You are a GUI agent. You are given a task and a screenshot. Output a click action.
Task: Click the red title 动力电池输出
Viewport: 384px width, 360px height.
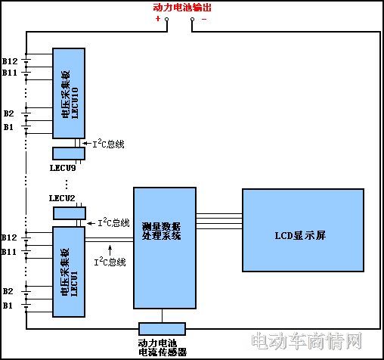click(x=182, y=8)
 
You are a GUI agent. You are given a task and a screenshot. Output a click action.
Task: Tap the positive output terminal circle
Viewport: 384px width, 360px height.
click(x=166, y=19)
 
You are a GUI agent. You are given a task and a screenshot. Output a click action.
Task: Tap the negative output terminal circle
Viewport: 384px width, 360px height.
click(x=193, y=19)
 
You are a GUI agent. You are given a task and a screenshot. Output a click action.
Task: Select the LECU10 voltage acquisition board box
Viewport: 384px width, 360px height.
click(x=69, y=93)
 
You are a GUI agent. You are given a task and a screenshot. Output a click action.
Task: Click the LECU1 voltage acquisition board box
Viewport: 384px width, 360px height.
click(x=69, y=272)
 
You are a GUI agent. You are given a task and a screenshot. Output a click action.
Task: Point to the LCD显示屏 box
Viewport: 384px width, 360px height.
click(x=303, y=230)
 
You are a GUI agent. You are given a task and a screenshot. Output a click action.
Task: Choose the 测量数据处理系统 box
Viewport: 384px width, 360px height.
click(x=165, y=248)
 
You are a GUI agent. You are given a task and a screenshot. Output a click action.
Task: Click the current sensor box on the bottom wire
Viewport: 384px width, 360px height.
click(x=163, y=329)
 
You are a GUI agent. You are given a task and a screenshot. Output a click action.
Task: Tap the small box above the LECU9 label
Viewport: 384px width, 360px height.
click(x=69, y=154)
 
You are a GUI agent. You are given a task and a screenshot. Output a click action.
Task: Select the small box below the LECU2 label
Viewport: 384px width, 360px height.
click(x=70, y=213)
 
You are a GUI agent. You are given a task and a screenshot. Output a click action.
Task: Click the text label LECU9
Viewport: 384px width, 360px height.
click(x=63, y=168)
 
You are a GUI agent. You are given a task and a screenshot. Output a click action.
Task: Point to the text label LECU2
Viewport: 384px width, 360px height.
click(x=62, y=198)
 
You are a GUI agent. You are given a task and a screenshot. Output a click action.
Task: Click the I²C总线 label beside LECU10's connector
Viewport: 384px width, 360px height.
click(x=109, y=144)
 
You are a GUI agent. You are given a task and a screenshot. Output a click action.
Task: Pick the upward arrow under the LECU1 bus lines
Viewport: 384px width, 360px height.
click(x=110, y=250)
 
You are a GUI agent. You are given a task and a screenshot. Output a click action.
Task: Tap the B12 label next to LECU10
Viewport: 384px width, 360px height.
click(x=10, y=61)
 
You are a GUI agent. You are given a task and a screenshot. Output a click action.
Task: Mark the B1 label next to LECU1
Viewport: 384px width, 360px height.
click(x=8, y=306)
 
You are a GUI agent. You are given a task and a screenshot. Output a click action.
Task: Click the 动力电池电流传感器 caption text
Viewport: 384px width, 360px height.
click(x=163, y=348)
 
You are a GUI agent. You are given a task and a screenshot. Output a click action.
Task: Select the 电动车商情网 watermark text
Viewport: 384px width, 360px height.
click(x=307, y=341)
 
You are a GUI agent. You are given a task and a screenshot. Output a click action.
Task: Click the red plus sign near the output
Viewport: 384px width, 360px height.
click(x=158, y=18)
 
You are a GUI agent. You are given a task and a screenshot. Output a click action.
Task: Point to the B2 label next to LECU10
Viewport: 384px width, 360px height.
click(x=8, y=113)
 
